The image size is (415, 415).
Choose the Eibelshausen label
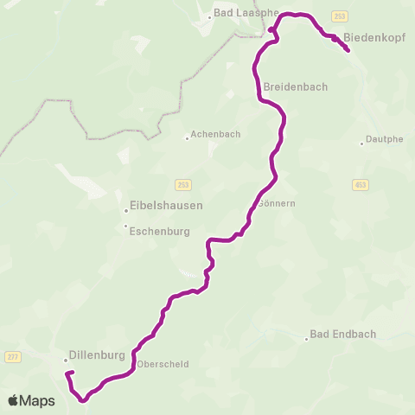pyautogui.click(x=166, y=206)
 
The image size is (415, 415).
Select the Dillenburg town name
pyautogui.click(x=98, y=355)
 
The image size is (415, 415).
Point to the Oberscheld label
pyautogui.click(x=163, y=364)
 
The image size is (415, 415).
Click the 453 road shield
pyautogui.click(x=361, y=184)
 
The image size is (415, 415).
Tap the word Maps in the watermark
pyautogui.click(x=37, y=401)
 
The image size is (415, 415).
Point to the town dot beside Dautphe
pyautogui.click(x=362, y=144)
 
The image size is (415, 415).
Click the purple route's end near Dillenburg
pyautogui.click(x=68, y=373)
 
